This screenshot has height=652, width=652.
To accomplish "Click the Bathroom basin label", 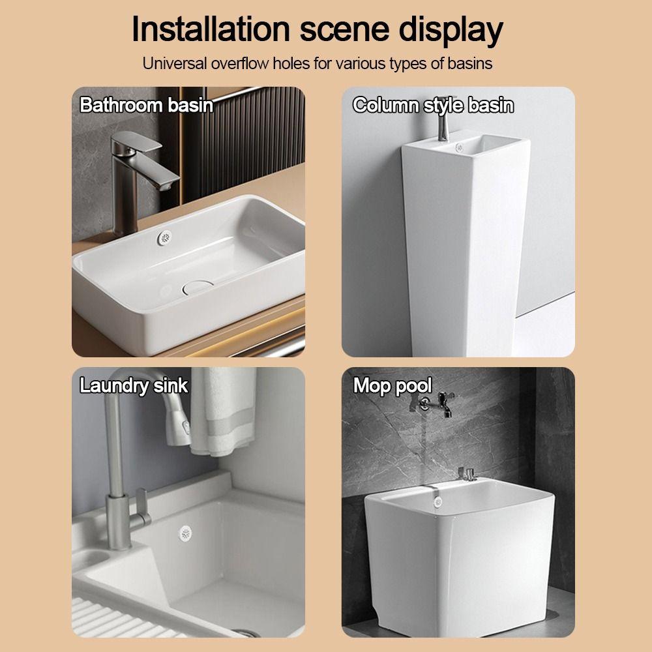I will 147,105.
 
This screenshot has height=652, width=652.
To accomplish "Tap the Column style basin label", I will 433,105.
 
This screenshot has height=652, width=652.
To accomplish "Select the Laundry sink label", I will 134,385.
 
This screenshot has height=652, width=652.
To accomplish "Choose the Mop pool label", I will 393,385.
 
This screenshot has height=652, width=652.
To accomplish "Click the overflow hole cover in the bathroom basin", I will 166,239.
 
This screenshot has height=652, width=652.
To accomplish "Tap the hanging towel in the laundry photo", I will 223,411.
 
